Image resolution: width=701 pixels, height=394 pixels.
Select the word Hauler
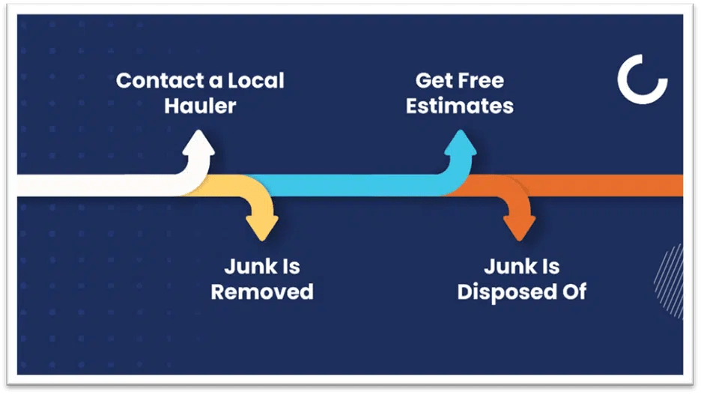coord(200,105)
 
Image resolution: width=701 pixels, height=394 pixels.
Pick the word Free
coord(482,80)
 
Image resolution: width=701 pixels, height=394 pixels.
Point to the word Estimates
coord(460,105)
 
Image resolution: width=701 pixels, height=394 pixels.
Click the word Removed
coord(261,291)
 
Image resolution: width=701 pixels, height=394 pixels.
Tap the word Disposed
coord(507,291)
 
